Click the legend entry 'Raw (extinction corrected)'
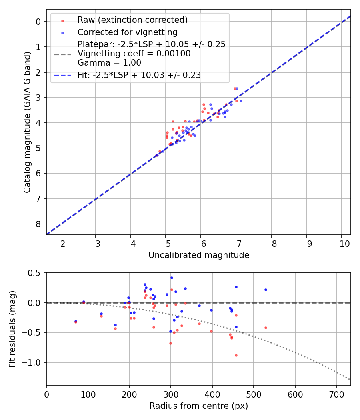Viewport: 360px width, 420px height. tap(132, 20)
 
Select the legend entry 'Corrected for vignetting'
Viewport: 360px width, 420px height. tap(127, 32)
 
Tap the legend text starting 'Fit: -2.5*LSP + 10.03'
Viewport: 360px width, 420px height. tap(139, 75)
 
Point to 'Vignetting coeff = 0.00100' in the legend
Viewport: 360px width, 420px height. tap(134, 53)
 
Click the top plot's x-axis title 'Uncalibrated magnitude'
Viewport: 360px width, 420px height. tap(199, 255)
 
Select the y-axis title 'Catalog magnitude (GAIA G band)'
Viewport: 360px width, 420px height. tap(27, 122)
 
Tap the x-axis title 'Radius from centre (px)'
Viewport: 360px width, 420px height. tap(199, 406)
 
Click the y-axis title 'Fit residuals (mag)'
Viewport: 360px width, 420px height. tap(12, 329)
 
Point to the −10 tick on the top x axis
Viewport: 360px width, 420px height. tap(341, 244)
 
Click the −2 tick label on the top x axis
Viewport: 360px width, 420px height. tap(60, 244)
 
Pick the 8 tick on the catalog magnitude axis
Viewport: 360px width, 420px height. tap(39, 224)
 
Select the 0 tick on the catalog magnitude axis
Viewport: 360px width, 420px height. tap(39, 22)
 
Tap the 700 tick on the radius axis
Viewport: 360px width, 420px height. tap(336, 394)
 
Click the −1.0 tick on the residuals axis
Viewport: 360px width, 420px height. tap(33, 362)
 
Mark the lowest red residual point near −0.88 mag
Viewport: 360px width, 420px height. tap(236, 355)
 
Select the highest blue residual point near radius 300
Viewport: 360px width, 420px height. tap(172, 278)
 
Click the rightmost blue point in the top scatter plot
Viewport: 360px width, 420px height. tap(241, 101)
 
